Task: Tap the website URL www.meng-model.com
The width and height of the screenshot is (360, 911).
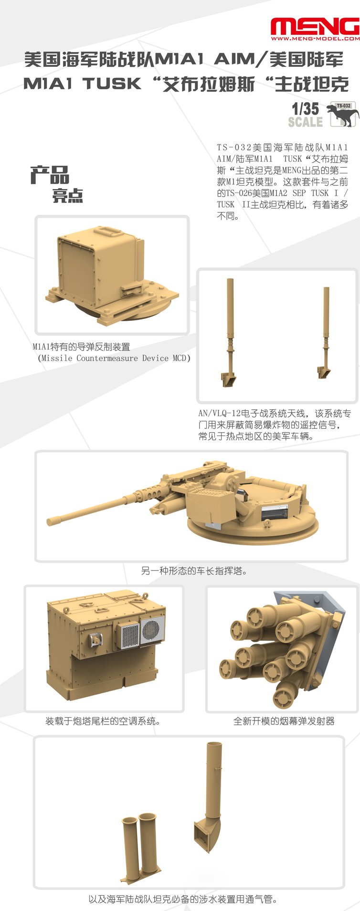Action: [315, 39]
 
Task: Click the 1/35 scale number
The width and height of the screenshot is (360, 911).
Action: [305, 109]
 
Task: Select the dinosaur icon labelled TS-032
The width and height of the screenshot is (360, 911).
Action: [343, 115]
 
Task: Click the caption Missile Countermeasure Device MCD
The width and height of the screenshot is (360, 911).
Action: [114, 358]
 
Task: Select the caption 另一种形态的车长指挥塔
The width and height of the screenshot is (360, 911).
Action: [194, 571]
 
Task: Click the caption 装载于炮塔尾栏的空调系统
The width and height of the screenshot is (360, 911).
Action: [103, 721]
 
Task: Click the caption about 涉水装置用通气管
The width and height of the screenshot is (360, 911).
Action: [182, 899]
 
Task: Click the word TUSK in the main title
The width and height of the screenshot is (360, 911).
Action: [112, 84]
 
